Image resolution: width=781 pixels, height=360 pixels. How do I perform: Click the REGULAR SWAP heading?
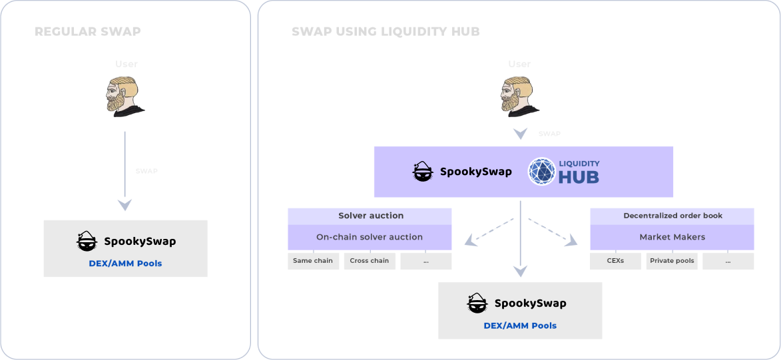87,31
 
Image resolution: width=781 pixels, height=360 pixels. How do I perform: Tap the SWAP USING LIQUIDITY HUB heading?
386,31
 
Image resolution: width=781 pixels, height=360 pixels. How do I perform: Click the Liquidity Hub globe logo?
541,171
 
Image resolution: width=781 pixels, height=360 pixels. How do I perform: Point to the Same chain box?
313,261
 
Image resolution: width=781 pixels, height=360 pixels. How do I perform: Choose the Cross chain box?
370,261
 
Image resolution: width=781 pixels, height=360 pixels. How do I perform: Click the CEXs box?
615,261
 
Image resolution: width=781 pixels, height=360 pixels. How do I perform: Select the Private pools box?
672,261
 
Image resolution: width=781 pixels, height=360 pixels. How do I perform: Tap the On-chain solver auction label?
370,237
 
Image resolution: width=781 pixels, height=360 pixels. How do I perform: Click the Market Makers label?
672,237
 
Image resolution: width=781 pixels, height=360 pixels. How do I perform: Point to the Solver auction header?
370,216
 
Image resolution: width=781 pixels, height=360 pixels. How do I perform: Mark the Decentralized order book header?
672,216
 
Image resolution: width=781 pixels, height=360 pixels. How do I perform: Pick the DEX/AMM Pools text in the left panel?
125,264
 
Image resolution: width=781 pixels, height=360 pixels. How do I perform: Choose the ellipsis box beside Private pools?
728,261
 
